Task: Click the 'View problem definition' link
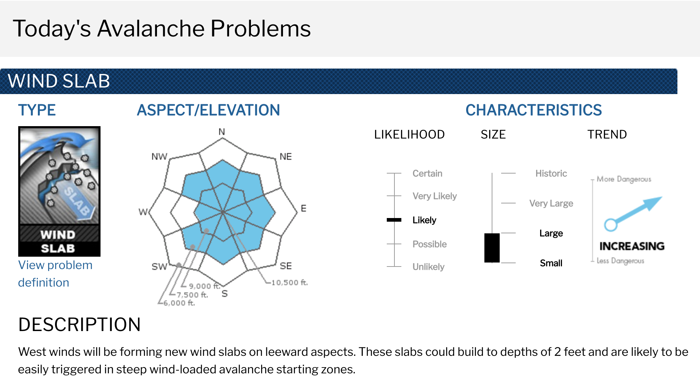pyautogui.click(x=55, y=274)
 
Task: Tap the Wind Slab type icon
pyautogui.click(x=59, y=191)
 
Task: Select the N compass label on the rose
pyautogui.click(x=222, y=132)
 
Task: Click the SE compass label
pyautogui.click(x=286, y=266)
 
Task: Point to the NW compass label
pyautogui.click(x=159, y=156)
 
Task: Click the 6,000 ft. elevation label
pyautogui.click(x=179, y=303)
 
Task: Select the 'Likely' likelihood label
pyautogui.click(x=424, y=220)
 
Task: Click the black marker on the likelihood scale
pyautogui.click(x=394, y=220)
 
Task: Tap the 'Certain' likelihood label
pyautogui.click(x=427, y=174)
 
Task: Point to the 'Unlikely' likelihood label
pyautogui.click(x=428, y=267)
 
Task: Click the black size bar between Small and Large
pyautogui.click(x=492, y=248)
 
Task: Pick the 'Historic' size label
pyautogui.click(x=551, y=174)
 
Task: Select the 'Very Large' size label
pyautogui.click(x=551, y=203)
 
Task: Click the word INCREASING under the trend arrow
pyautogui.click(x=632, y=246)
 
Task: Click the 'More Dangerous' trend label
pyautogui.click(x=624, y=179)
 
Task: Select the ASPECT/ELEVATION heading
pyautogui.click(x=208, y=110)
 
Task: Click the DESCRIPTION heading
pyautogui.click(x=79, y=324)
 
